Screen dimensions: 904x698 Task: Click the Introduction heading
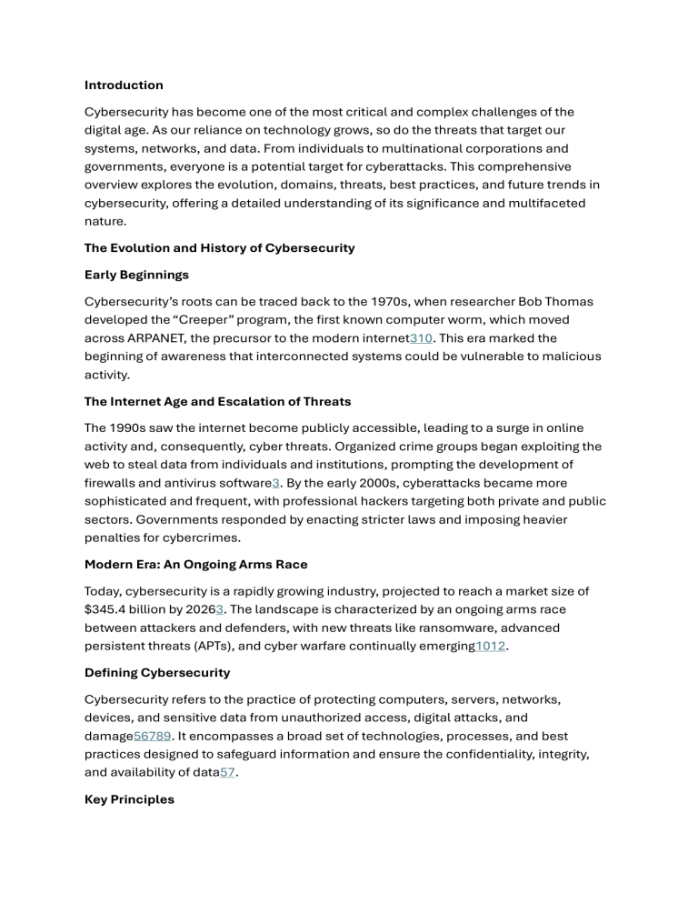pos(124,85)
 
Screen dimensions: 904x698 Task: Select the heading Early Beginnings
pos(137,274)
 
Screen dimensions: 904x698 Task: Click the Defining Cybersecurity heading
pos(156,672)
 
